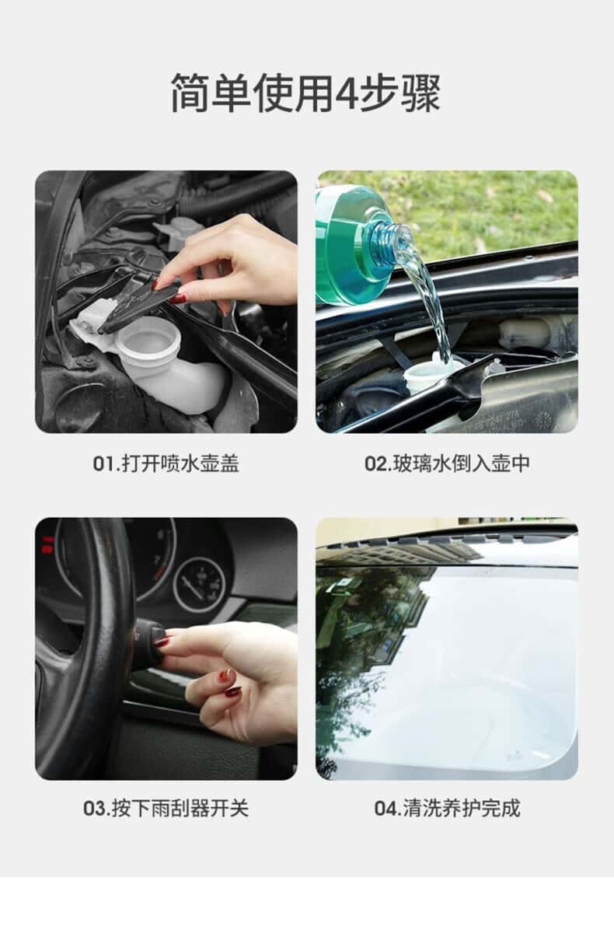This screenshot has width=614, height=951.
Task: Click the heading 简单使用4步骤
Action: [x=305, y=92]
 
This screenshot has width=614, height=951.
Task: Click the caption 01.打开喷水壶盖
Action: [x=166, y=463]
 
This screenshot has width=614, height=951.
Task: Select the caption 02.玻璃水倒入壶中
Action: [x=447, y=463]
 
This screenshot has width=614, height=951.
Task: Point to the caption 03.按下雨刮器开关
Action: [x=166, y=808]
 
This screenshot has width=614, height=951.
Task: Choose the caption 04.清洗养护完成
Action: [x=447, y=808]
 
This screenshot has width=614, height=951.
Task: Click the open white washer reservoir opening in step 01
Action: [x=148, y=336]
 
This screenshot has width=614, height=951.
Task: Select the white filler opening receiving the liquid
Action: [x=433, y=370]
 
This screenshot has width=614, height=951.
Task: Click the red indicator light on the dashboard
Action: [x=48, y=544]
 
